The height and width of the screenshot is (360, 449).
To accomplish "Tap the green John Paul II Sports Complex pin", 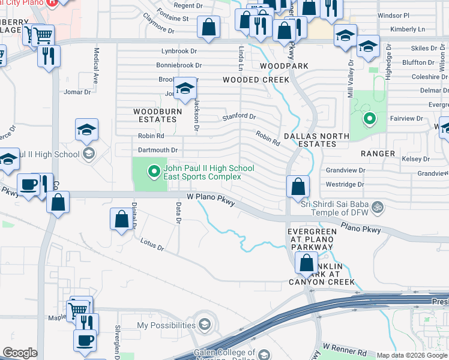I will (x=154, y=172).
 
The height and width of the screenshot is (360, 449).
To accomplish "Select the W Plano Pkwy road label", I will (x=209, y=196).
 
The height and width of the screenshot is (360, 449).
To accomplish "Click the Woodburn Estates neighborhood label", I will (x=155, y=115).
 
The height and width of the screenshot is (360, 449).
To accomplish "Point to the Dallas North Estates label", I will (x=316, y=140).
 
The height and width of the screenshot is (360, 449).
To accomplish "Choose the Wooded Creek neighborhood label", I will (x=256, y=79).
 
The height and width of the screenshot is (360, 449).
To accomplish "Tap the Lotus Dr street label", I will (x=151, y=244).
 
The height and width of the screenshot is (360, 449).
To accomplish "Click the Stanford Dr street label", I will (x=239, y=117).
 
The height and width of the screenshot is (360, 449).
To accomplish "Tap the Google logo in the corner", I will (x=19, y=353).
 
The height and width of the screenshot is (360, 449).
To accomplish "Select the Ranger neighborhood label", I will (x=378, y=154).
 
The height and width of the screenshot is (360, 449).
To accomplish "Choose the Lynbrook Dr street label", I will (x=179, y=52).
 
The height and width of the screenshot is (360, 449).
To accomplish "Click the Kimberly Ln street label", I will (x=407, y=29).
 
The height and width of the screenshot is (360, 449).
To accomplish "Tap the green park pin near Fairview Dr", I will (x=369, y=119).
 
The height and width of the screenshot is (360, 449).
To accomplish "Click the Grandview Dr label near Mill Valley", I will (x=345, y=170).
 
